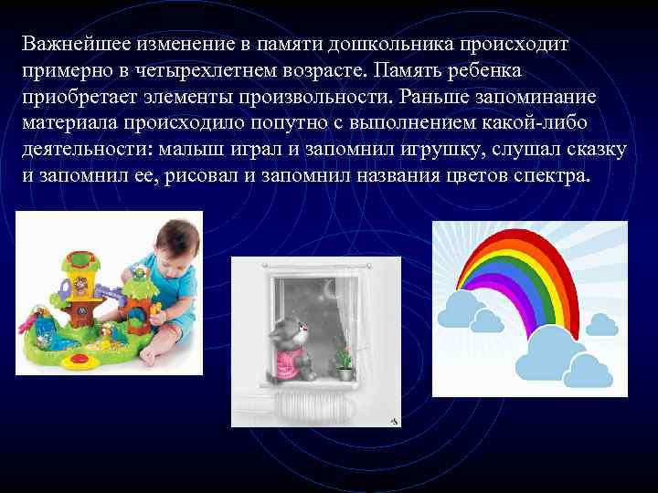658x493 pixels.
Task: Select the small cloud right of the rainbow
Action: pos(602,323)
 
